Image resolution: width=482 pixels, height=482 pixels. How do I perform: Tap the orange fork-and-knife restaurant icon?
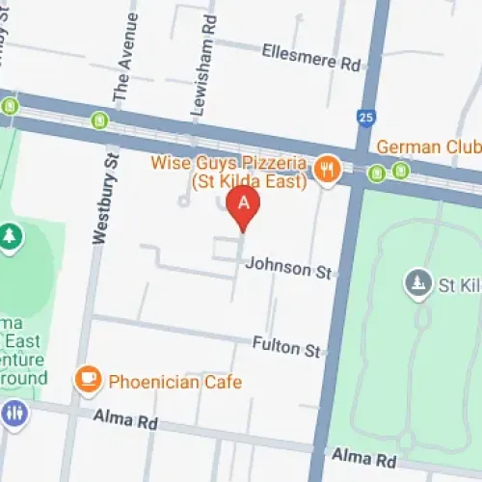pos(329,168)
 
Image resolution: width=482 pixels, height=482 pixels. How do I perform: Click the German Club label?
pos(428,147)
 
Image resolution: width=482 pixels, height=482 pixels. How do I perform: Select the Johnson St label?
pos(289,267)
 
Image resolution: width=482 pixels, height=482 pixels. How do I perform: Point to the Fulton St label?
pos(285,344)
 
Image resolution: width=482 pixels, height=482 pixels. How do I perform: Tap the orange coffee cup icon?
pos(90,378)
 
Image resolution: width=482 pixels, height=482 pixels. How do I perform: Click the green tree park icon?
pos(10,235)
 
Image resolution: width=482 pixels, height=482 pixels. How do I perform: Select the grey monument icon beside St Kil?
pos(416,281)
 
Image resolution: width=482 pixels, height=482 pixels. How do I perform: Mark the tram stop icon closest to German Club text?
pos(400,172)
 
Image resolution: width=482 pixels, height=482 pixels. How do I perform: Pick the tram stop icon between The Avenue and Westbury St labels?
pos(99,120)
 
